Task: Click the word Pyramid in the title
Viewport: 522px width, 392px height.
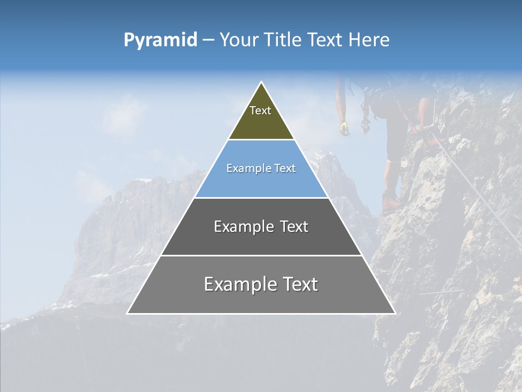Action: (160, 40)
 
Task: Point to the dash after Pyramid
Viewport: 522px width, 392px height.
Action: (208, 40)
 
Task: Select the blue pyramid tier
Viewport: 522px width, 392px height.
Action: (261, 182)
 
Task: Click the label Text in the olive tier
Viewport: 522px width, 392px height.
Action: (260, 111)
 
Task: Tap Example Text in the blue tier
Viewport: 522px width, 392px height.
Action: (261, 168)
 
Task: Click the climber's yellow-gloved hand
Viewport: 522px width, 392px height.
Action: (344, 128)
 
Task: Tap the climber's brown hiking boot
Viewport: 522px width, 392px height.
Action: (390, 202)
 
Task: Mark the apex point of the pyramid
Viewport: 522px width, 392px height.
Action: (262, 83)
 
